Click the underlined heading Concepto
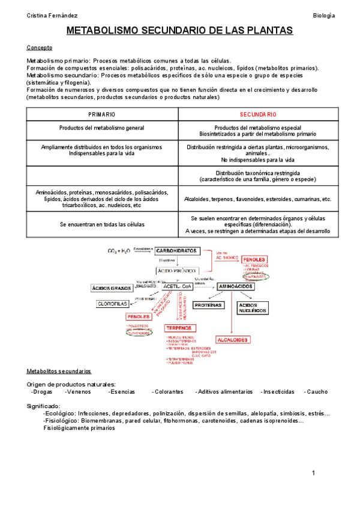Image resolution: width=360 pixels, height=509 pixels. click(x=40, y=47)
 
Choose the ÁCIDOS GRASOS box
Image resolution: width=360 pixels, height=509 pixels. click(x=111, y=288)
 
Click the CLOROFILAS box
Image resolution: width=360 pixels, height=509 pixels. click(x=114, y=304)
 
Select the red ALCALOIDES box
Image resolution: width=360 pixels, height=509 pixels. click(x=232, y=339)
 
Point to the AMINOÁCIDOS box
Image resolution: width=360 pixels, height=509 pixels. click(x=235, y=287)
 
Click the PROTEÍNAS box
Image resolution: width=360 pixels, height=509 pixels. click(x=208, y=305)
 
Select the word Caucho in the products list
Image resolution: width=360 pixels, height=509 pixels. click(x=316, y=391)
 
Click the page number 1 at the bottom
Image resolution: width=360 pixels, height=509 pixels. click(x=313, y=474)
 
